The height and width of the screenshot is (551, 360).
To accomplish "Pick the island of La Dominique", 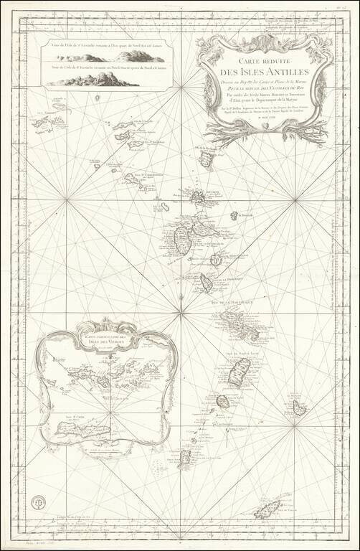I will tap(207, 283).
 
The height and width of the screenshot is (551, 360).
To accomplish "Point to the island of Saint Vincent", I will tap(223, 401).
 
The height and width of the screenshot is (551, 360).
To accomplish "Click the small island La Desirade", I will tap(232, 215).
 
